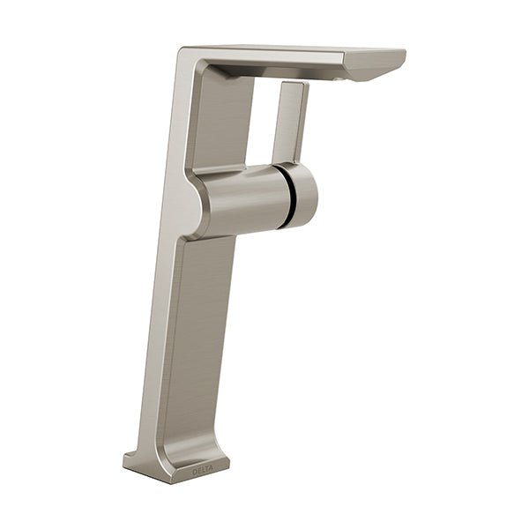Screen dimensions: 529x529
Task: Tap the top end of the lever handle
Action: pyautogui.click(x=294, y=84)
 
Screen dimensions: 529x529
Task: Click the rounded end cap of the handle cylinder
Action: pyautogui.click(x=303, y=195)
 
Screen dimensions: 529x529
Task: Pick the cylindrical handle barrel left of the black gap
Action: pyautogui.click(x=243, y=199)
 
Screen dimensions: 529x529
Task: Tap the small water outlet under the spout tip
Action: pyautogui.click(x=338, y=79)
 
